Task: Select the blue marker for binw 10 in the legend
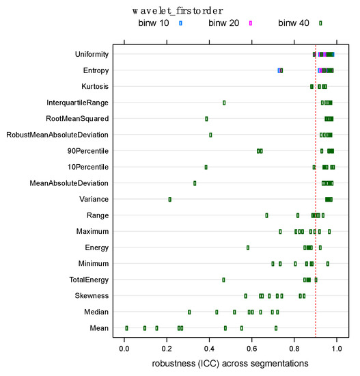(181, 23)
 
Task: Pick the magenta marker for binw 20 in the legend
(251, 23)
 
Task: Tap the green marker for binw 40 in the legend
(320, 23)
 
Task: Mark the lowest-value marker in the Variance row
(170, 200)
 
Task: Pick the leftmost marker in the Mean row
(126, 328)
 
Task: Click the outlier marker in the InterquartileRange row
(224, 103)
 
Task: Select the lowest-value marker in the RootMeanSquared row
(206, 119)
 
